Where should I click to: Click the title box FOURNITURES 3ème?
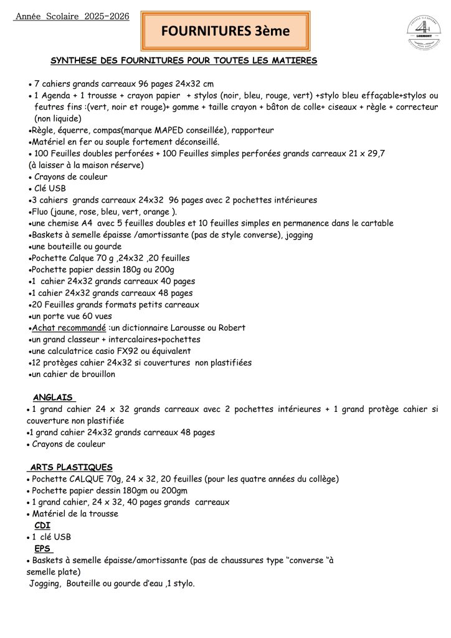[225, 31]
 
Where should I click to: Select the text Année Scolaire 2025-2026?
[72, 16]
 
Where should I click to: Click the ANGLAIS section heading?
[53, 398]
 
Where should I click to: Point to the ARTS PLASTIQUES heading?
[71, 467]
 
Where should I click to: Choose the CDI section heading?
[42, 525]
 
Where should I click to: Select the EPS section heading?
[43, 548]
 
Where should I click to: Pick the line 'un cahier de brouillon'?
[73, 374]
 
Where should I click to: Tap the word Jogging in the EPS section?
[45, 584]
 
